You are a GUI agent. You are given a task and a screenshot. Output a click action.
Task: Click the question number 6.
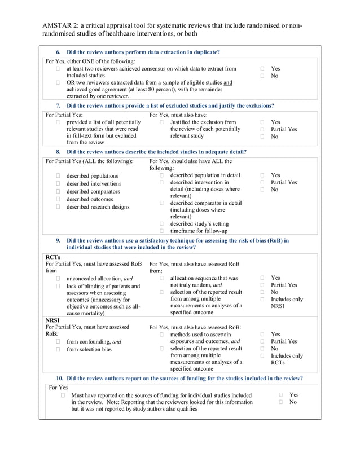tap(58, 52)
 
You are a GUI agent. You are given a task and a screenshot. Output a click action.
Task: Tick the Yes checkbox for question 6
tap(262, 69)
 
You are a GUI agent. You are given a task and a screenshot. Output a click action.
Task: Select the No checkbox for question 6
tap(262, 76)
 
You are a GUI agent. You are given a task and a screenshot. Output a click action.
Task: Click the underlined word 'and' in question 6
tap(227, 82)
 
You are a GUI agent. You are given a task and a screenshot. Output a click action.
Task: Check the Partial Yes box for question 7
tap(262, 129)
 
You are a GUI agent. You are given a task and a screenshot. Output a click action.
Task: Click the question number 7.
tap(58, 105)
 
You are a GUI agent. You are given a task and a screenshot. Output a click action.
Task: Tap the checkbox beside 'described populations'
tap(58, 176)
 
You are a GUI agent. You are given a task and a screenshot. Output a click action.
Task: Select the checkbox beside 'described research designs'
tap(58, 206)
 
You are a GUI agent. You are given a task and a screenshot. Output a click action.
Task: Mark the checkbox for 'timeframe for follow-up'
tap(161, 231)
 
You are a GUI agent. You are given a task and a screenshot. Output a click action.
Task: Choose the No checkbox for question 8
tap(262, 190)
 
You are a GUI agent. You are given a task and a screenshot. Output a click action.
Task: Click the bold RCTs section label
tap(52, 257)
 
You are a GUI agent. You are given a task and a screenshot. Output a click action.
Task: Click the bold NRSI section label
tap(52, 320)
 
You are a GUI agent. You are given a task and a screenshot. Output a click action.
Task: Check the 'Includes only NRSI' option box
tap(262, 300)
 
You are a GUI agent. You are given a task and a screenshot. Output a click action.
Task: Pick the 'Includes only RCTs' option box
tap(262, 356)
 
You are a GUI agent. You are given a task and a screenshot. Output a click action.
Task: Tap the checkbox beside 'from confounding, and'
tap(58, 341)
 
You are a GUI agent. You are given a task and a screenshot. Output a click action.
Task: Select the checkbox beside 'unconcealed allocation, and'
tap(58, 279)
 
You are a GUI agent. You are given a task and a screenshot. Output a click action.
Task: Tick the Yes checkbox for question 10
tap(281, 395)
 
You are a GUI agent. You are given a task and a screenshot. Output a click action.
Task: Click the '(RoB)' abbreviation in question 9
tap(280, 240)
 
